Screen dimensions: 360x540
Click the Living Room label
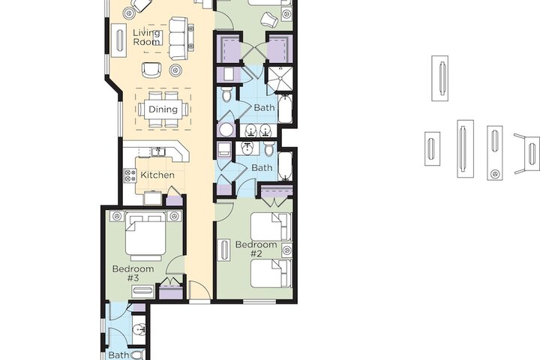[146, 37]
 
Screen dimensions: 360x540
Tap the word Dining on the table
[163, 109]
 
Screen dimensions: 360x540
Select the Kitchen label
[157, 175]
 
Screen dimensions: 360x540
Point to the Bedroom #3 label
[133, 273]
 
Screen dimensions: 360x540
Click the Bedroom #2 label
[256, 249]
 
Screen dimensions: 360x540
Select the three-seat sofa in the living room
[178, 38]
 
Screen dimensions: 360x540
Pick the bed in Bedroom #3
[146, 236]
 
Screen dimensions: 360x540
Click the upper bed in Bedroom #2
[269, 226]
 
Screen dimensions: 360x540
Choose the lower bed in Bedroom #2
[269, 274]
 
